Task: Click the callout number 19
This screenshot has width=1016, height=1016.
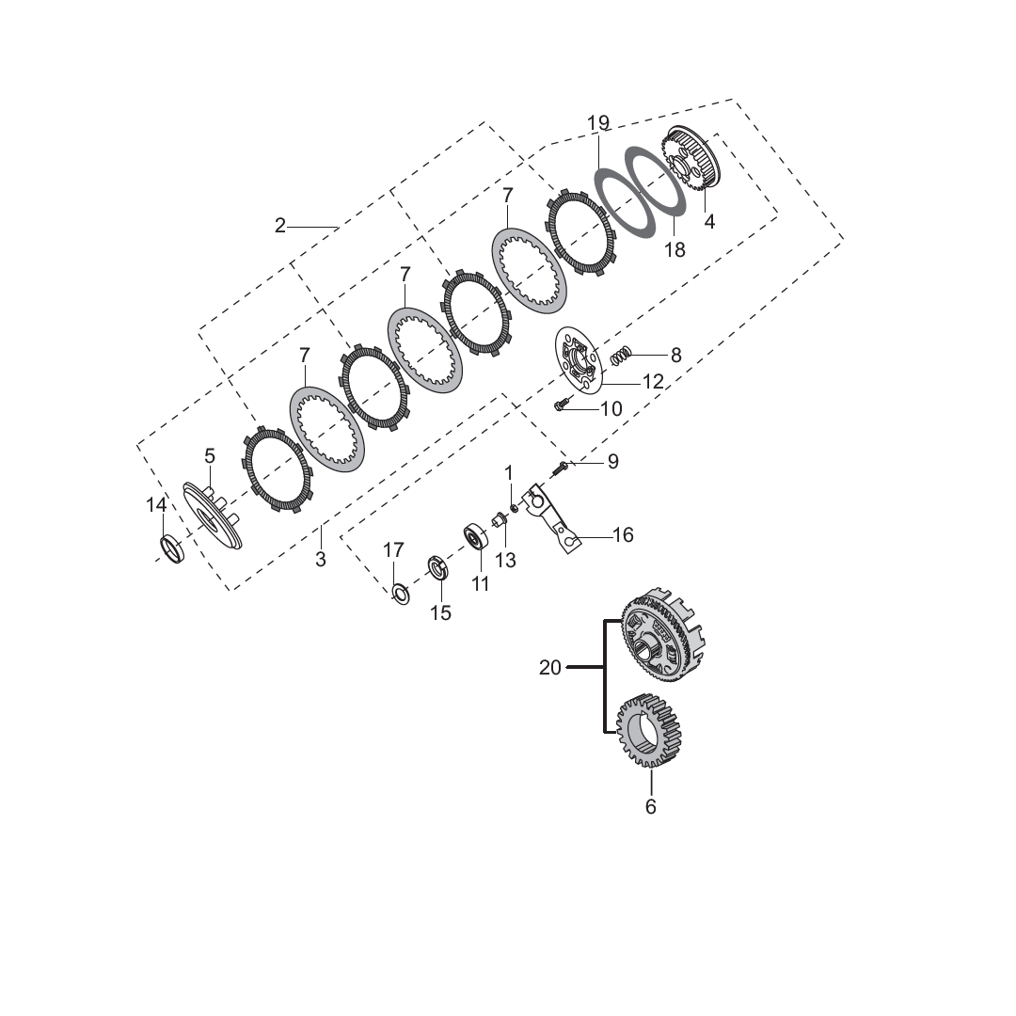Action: tap(598, 122)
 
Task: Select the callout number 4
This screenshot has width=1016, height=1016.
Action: tap(709, 222)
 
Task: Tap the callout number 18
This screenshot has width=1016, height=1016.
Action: tap(675, 249)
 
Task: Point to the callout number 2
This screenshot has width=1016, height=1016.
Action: tap(280, 226)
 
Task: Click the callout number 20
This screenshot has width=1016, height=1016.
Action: tap(550, 667)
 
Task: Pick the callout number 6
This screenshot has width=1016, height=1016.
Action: tap(651, 807)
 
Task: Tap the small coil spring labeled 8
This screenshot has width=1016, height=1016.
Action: tap(620, 356)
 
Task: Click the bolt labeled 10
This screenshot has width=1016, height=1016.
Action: tap(561, 404)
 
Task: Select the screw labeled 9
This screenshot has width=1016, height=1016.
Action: tap(561, 467)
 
